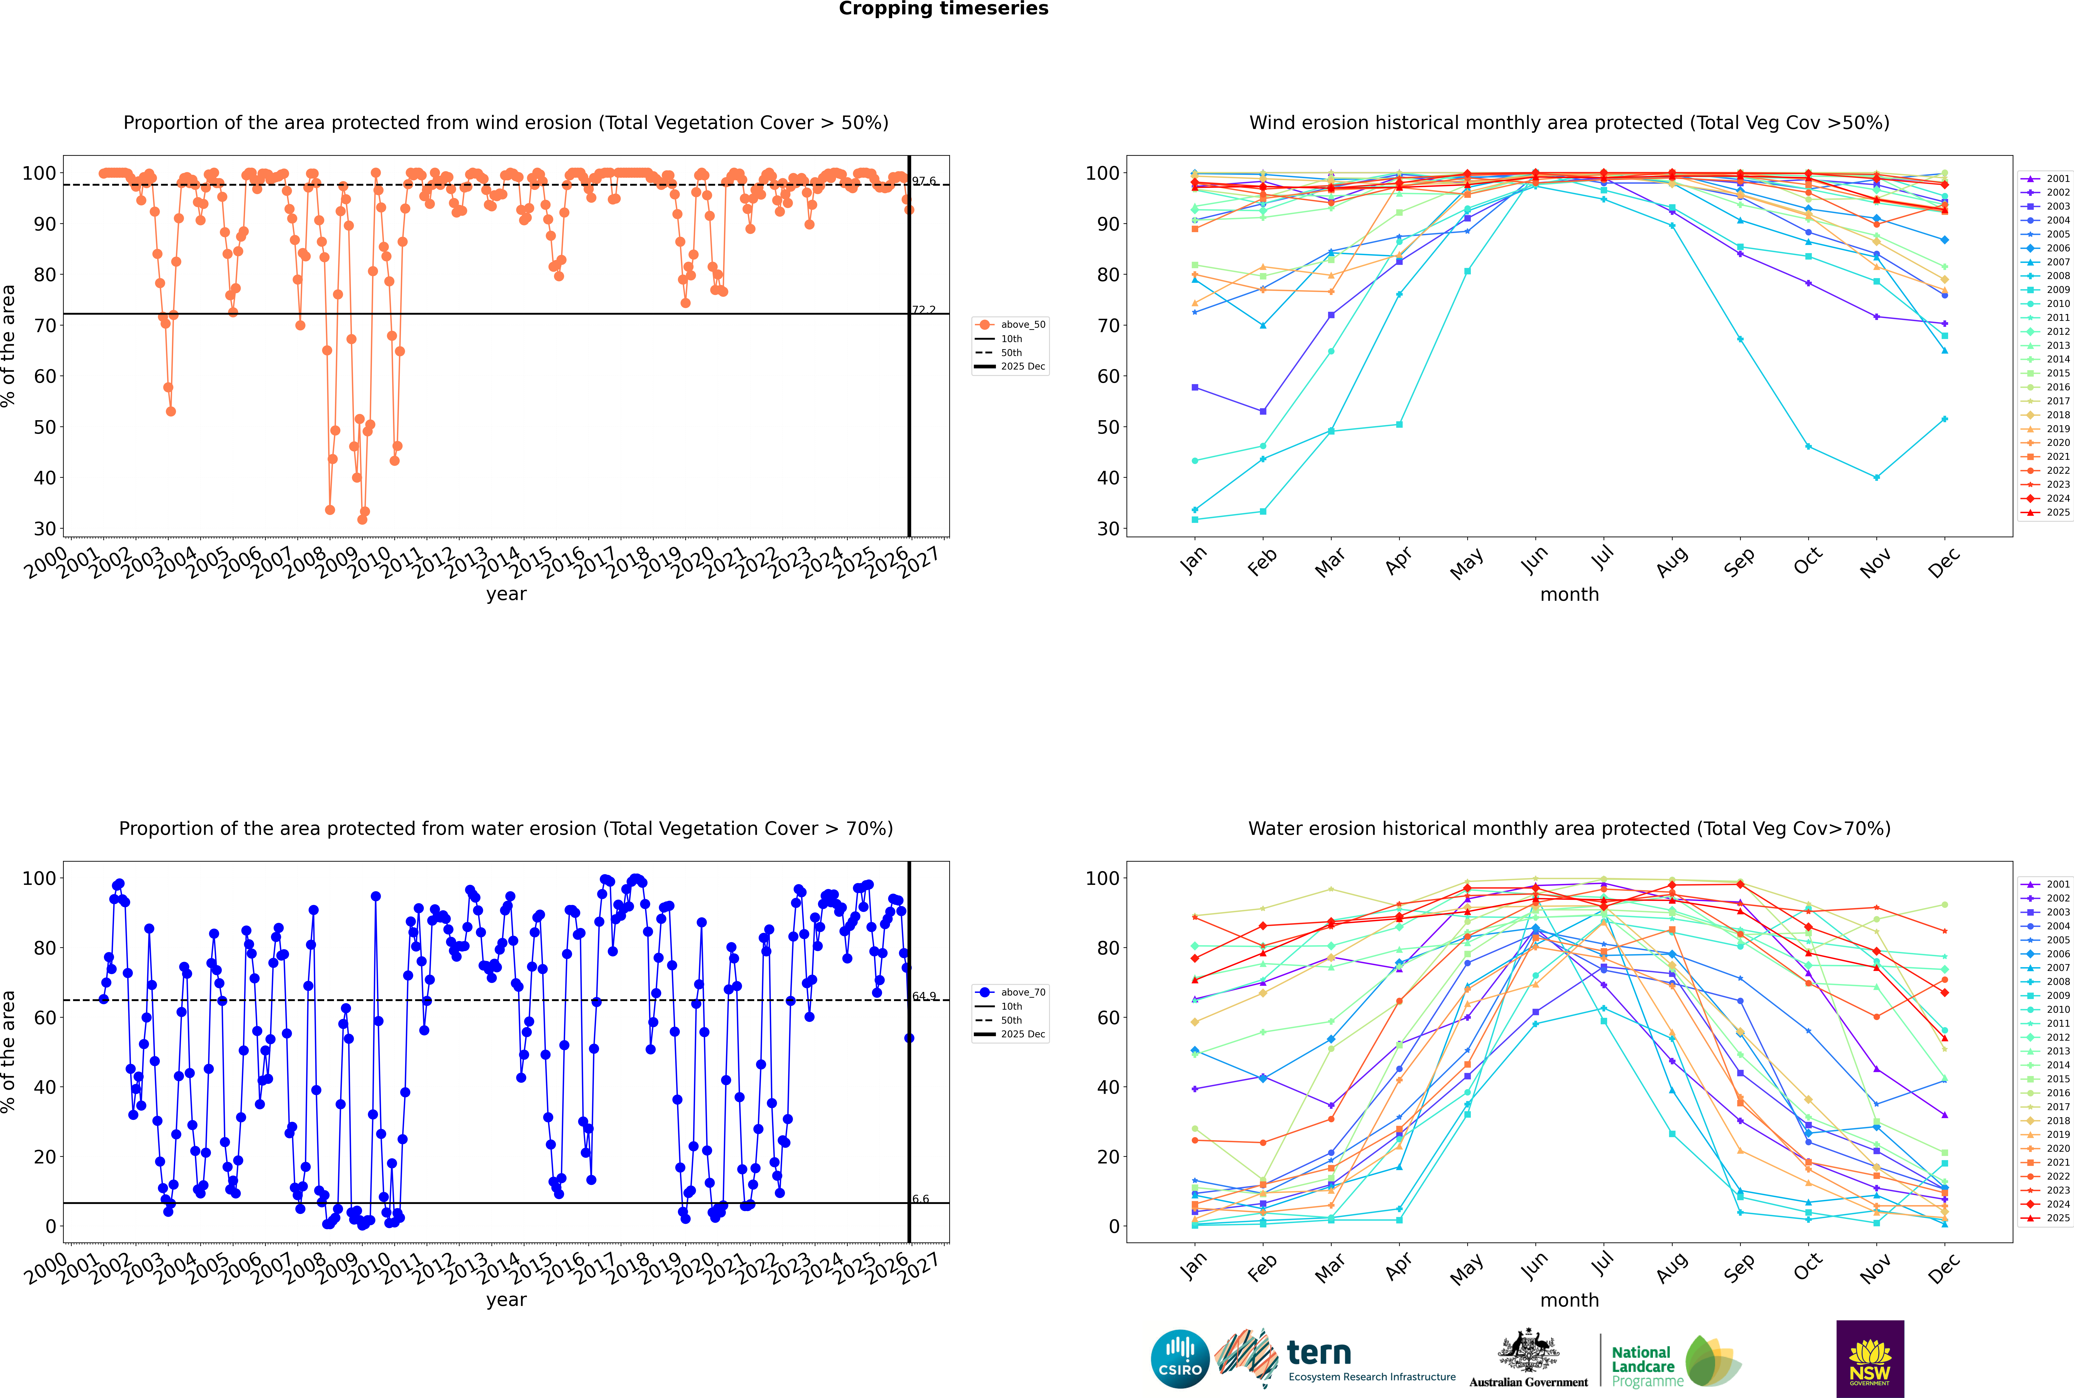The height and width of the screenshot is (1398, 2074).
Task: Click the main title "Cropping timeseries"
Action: [943, 9]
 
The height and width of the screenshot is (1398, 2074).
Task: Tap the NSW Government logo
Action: [1870, 1359]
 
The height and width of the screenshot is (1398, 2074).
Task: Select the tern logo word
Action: [1319, 1354]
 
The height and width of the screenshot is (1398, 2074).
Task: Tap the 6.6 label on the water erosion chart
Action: [920, 1199]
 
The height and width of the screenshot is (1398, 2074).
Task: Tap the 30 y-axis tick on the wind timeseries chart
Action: [44, 529]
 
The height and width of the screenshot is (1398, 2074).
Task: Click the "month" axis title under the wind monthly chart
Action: [1569, 595]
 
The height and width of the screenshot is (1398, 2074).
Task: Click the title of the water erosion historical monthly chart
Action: [1569, 828]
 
